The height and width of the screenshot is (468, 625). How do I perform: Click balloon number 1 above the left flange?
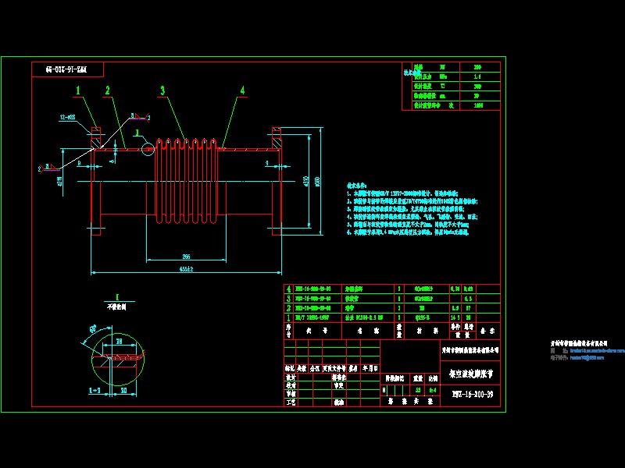pos(78,90)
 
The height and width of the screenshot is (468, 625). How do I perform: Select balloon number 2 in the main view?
pos(108,90)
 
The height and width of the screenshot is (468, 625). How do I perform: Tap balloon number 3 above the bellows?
pos(162,90)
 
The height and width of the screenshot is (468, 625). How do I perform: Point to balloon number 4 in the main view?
pos(242,90)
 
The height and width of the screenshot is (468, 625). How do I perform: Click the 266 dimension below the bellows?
pos(186,256)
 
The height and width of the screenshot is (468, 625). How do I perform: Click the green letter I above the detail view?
pos(115,296)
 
